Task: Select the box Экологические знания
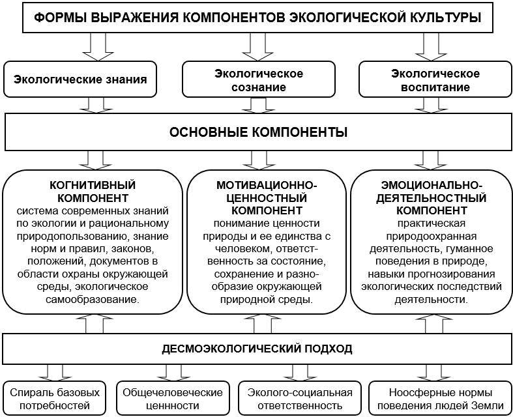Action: pyautogui.click(x=80, y=79)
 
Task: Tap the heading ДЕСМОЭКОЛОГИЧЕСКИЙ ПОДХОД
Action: pyautogui.click(x=257, y=349)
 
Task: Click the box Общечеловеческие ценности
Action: pyautogui.click(x=173, y=399)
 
